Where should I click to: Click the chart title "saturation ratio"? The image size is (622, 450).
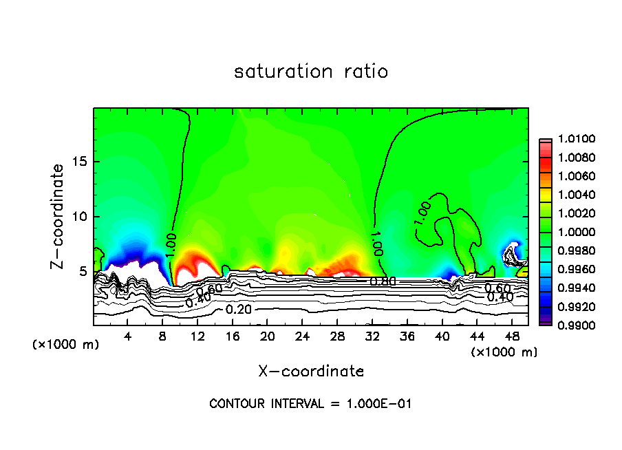[311, 72]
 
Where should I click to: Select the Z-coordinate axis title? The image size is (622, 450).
[60, 217]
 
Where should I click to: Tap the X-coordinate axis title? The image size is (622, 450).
[311, 372]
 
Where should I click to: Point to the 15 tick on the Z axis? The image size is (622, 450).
[79, 162]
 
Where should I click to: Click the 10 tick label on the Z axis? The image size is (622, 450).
[79, 217]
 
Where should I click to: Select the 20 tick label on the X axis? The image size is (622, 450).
[268, 336]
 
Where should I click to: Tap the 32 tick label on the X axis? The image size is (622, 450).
[372, 336]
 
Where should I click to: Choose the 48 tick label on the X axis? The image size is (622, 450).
[511, 336]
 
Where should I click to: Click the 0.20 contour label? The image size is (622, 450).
[239, 310]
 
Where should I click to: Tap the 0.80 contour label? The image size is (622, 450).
[383, 281]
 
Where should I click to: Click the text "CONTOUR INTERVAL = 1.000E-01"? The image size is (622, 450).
[310, 404]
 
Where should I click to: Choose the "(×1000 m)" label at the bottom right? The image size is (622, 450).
[504, 352]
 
